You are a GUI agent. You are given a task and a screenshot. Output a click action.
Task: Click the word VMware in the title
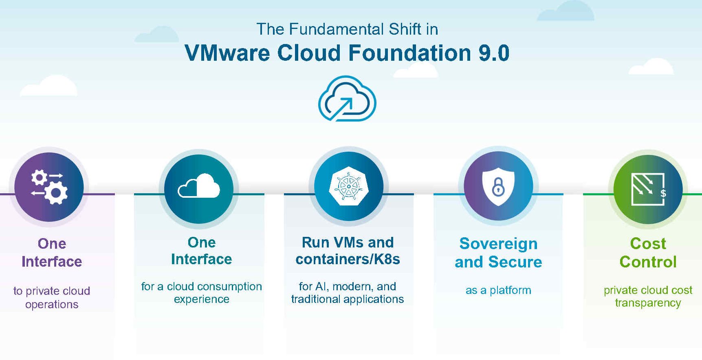click(x=227, y=53)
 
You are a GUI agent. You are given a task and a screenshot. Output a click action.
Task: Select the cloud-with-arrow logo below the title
click(x=347, y=98)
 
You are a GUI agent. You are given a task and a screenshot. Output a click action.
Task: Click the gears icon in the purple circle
click(x=49, y=187)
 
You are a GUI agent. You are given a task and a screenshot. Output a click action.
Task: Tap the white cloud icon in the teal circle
click(x=199, y=186)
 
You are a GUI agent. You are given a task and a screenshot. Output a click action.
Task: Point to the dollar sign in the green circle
click(x=663, y=193)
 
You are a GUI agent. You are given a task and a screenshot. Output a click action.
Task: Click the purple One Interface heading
click(x=52, y=252)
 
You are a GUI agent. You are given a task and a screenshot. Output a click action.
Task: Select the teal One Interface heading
click(x=202, y=251)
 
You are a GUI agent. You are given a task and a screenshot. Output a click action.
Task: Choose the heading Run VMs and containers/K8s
click(x=348, y=251)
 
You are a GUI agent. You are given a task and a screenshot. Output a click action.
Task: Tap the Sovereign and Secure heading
click(x=498, y=252)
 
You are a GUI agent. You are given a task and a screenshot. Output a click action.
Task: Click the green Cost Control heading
click(x=648, y=252)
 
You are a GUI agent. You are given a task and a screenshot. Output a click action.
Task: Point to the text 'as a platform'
click(x=498, y=290)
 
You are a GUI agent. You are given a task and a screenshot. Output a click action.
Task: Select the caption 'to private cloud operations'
click(x=52, y=297)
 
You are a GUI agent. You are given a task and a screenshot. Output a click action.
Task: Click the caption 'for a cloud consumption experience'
click(x=202, y=293)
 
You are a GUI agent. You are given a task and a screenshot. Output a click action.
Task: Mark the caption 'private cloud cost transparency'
click(x=648, y=296)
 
